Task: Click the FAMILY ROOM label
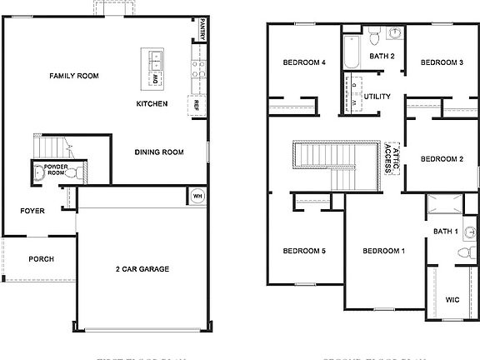coord(73,76)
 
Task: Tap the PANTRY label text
coord(202,31)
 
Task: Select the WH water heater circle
coord(197,197)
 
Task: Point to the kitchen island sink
coord(156,59)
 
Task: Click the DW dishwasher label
coord(156,78)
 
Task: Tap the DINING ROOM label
coord(159,152)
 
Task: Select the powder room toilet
coord(70,173)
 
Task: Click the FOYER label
coord(32,211)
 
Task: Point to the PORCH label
coord(41,259)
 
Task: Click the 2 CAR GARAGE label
coord(142,269)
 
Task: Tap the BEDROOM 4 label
coord(303,62)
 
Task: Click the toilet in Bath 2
coord(374,37)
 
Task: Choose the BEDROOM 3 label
coord(441,62)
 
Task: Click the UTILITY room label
coord(377,97)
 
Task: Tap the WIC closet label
coord(452,299)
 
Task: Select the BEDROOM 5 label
coord(303,251)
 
